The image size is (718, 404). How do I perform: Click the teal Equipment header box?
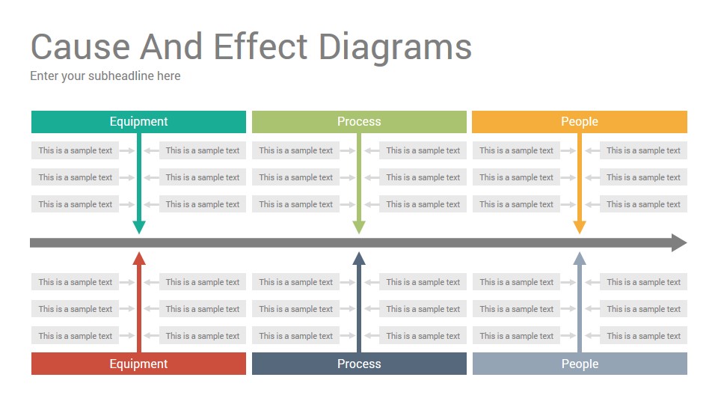(x=138, y=121)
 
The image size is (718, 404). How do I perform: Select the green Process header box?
(x=359, y=121)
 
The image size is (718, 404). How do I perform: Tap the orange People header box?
(x=580, y=121)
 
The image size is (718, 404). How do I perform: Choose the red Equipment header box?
(x=138, y=364)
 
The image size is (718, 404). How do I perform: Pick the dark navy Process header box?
(x=359, y=364)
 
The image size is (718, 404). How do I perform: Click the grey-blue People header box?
(x=580, y=364)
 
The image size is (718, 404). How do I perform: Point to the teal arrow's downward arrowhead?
(x=139, y=227)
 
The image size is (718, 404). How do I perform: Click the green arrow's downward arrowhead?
(x=359, y=227)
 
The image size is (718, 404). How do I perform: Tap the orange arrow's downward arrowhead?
(x=580, y=227)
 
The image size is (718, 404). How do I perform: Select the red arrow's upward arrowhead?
(x=139, y=258)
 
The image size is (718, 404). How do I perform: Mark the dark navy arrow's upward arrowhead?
(x=359, y=258)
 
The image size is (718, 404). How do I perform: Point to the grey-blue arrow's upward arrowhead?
(x=580, y=258)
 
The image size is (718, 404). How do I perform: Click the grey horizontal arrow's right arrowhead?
(x=680, y=242)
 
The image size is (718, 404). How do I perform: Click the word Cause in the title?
(x=81, y=46)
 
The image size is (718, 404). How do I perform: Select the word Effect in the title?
(x=260, y=46)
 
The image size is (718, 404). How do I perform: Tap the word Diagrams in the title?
(x=395, y=49)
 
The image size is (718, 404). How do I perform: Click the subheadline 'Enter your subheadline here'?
(x=105, y=76)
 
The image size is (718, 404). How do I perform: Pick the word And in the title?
(x=171, y=46)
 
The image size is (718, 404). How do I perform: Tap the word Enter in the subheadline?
(x=44, y=76)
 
